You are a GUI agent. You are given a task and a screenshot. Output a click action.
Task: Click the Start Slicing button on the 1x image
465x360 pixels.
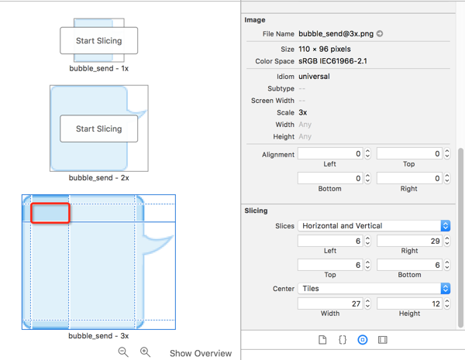tap(98, 40)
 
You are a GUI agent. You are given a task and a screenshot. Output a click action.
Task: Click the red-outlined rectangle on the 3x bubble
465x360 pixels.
tap(50, 213)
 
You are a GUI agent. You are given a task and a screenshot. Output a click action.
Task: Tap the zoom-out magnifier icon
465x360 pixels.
tap(123, 352)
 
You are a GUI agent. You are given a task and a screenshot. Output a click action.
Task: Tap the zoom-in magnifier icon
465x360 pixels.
tap(145, 352)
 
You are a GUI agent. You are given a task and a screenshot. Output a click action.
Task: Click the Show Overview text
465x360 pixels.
tap(201, 353)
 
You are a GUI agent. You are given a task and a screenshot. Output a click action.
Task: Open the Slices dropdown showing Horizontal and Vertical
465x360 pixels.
tap(374, 226)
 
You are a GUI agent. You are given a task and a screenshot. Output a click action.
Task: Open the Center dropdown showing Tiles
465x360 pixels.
tap(374, 289)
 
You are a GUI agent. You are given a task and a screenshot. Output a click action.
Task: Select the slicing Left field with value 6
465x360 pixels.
tap(330, 241)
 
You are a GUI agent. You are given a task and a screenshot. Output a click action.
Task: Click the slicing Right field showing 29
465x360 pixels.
tap(409, 241)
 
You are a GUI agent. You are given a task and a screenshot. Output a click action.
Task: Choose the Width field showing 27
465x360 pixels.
tap(330, 303)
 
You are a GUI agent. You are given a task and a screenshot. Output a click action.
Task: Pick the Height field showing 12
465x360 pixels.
tap(409, 303)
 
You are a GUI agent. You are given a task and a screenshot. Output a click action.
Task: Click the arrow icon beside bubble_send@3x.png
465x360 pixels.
tap(380, 34)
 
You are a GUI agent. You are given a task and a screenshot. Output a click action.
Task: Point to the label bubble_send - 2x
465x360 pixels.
tap(98, 178)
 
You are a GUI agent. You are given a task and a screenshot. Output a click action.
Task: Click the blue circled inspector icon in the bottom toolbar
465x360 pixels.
tap(363, 340)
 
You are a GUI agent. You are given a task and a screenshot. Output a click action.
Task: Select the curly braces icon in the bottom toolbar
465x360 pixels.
tap(343, 340)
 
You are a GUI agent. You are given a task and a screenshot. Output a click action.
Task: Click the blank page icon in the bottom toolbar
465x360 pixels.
tap(322, 340)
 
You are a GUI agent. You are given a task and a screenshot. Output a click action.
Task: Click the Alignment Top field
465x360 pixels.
tap(409, 154)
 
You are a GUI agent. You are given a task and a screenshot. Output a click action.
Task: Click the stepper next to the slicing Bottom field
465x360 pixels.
tap(447, 265)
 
